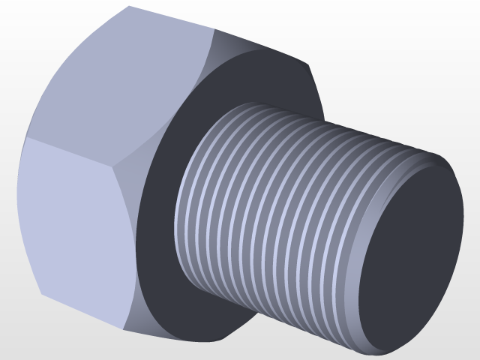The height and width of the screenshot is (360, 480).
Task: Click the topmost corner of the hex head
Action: click(128, 6)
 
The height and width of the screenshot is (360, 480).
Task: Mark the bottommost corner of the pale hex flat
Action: click(124, 330)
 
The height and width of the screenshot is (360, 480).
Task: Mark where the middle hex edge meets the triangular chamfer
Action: click(124, 160)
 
